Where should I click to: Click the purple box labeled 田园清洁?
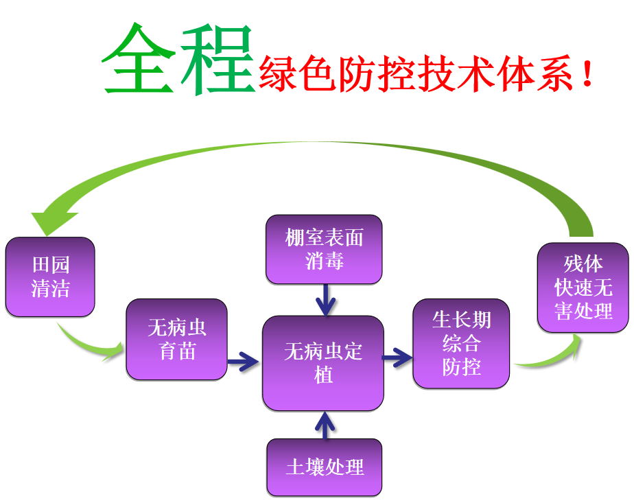tap(50, 277)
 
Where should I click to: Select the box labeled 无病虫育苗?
tap(176, 339)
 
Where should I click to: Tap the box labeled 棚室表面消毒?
tap(324, 249)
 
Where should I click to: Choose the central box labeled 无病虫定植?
tap(323, 363)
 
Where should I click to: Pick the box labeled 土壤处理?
tap(324, 467)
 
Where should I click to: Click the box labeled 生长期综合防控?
tap(461, 343)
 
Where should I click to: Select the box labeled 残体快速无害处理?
tap(583, 288)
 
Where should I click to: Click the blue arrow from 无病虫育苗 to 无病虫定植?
tap(243, 360)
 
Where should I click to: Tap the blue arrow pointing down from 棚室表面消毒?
tap(325, 299)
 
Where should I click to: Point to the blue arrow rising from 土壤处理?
tap(325, 425)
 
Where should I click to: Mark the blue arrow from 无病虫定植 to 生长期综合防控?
tap(398, 357)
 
